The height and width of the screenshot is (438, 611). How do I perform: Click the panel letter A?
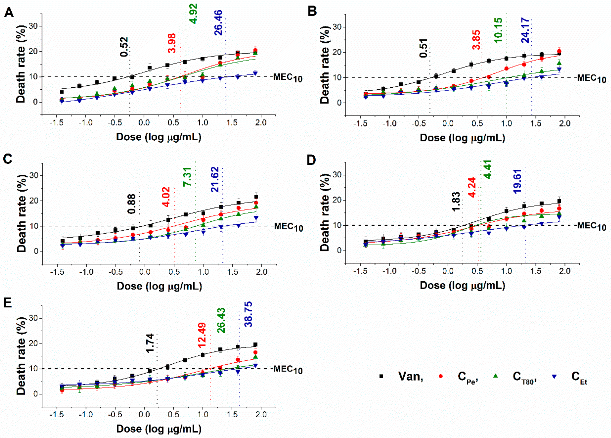(x=9, y=12)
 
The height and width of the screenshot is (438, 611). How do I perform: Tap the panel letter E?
(x=8, y=303)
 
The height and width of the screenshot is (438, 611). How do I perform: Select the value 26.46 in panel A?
(x=218, y=23)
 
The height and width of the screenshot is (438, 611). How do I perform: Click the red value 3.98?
(x=172, y=43)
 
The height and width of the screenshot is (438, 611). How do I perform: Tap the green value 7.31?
(x=187, y=176)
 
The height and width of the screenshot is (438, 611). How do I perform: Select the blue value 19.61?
(x=517, y=181)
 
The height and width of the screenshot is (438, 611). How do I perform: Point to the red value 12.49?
(x=202, y=335)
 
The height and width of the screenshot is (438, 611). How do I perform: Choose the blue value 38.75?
(x=248, y=314)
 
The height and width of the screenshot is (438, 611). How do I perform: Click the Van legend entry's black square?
(x=381, y=376)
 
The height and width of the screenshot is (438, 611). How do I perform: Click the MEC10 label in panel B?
(x=591, y=79)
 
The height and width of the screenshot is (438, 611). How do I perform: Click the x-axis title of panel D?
(x=462, y=285)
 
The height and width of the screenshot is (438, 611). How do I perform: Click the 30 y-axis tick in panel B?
(x=337, y=27)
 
